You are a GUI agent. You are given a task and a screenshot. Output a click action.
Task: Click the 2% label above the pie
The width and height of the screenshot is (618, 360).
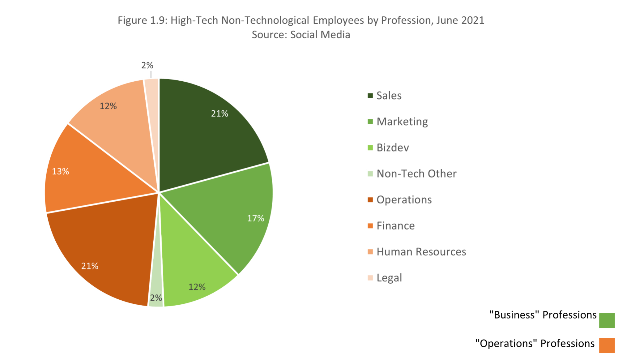(x=147, y=65)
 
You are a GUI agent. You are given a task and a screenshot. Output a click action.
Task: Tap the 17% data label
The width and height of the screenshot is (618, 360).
(x=255, y=218)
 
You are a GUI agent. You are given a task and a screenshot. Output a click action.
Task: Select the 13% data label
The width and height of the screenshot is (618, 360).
(x=61, y=171)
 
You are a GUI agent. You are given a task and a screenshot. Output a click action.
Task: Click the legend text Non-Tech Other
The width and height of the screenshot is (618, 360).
(x=416, y=174)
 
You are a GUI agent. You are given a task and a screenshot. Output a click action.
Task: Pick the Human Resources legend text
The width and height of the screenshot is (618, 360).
(x=421, y=252)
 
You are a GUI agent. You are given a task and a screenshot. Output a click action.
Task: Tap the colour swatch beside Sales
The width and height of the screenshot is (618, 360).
(x=370, y=96)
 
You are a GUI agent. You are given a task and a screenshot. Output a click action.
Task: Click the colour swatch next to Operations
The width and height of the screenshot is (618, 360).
(x=370, y=200)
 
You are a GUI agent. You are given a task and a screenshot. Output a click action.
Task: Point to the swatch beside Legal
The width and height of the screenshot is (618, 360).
(x=370, y=278)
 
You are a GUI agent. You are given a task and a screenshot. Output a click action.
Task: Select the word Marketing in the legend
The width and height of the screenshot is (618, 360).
(x=402, y=122)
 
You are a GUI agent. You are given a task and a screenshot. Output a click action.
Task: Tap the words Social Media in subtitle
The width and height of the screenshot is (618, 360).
(x=320, y=35)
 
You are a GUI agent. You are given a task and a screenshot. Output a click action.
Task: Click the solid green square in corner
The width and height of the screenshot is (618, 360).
(x=607, y=320)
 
